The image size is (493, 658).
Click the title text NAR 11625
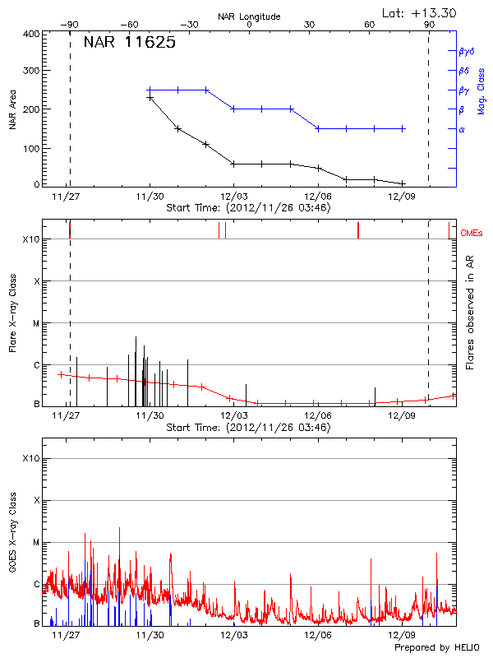(x=129, y=44)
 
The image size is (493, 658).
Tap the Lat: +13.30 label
(x=420, y=12)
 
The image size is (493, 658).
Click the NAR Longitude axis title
(x=249, y=16)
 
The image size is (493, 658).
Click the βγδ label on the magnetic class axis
(x=466, y=51)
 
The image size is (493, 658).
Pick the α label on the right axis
(x=462, y=129)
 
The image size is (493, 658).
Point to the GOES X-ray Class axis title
(x=12, y=534)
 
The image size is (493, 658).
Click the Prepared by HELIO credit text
(x=436, y=648)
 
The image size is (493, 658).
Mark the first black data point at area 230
(x=150, y=98)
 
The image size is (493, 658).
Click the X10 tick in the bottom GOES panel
(x=32, y=457)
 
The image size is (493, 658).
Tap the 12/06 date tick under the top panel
(x=318, y=197)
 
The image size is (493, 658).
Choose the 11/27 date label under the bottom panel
(x=65, y=635)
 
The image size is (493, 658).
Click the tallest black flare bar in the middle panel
(x=136, y=370)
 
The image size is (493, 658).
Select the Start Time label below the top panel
(x=248, y=208)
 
